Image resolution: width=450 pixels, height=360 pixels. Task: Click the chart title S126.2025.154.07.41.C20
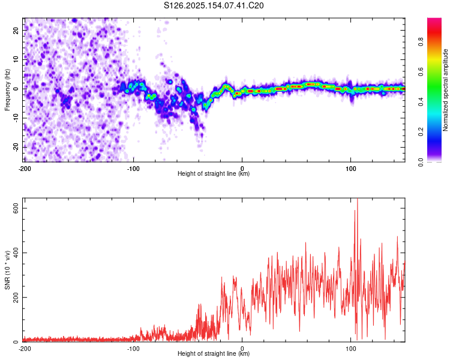214,5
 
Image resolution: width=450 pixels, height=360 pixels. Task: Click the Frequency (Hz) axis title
7,90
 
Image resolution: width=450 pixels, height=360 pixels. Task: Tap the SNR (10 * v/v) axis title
7,270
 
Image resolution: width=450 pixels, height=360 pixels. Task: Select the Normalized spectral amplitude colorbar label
445,90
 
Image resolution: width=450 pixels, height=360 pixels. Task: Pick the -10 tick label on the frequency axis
16,118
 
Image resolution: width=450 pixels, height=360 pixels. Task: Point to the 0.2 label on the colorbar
421,131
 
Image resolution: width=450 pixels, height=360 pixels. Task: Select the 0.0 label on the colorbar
421,162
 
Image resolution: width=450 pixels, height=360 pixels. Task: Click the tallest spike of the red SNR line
358,199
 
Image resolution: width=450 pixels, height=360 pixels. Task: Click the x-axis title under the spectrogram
214,173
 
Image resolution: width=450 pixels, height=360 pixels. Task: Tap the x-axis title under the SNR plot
214,353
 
